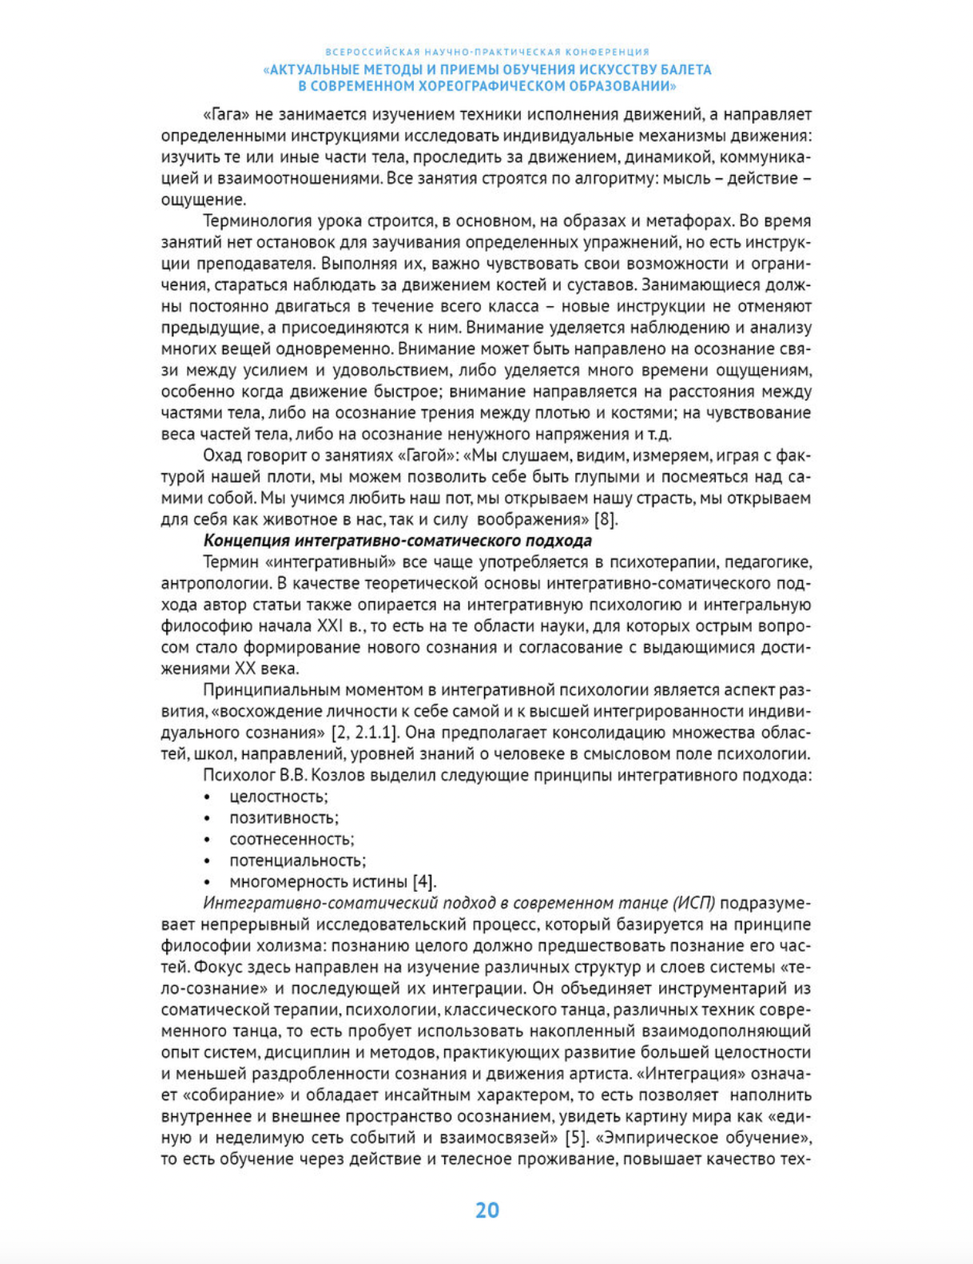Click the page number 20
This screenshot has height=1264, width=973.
click(x=486, y=1210)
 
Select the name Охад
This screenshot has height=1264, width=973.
click(x=221, y=455)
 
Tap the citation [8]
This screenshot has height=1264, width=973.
click(x=606, y=519)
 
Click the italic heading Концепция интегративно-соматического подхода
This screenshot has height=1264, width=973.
click(x=397, y=540)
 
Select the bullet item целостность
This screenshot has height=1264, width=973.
click(x=278, y=797)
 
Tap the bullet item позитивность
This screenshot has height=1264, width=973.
click(x=284, y=817)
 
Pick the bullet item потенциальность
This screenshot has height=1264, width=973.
click(x=297, y=861)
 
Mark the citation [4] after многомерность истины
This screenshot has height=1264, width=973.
click(x=424, y=882)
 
